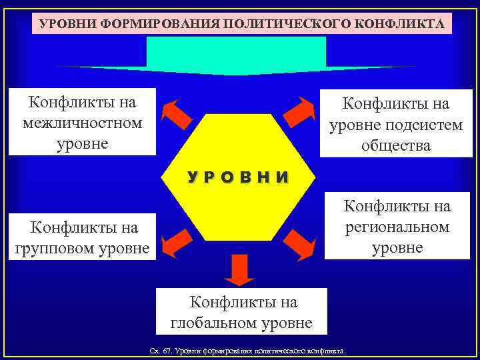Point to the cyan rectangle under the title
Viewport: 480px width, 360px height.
coord(236,52)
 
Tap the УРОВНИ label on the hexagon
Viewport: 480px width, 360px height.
coord(238,177)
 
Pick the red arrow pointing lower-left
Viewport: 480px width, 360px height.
coord(177,242)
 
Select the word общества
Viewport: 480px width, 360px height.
coord(396,145)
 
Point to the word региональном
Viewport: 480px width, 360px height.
coord(397,227)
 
